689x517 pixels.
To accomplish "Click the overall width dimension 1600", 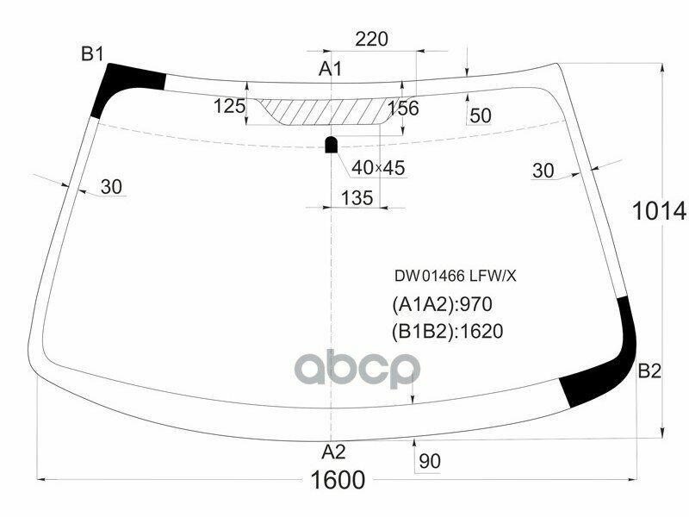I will point(332,480).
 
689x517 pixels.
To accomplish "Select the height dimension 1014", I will point(659,210).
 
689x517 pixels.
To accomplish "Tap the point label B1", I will point(92,54).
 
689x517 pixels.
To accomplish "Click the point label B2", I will point(649,371).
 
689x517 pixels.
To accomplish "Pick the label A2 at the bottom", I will point(333,452).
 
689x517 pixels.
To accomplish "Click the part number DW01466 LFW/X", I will point(455,277).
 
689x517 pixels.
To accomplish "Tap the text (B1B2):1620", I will point(447,331).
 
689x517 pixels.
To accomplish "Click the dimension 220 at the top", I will point(372,39).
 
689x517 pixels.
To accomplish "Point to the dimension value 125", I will point(229,106).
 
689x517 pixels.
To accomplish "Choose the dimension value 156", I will point(403,108).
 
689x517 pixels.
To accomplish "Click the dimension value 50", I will point(481,115).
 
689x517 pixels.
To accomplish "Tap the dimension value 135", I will point(357,197).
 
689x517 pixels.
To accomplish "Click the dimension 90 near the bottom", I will point(429,462).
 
